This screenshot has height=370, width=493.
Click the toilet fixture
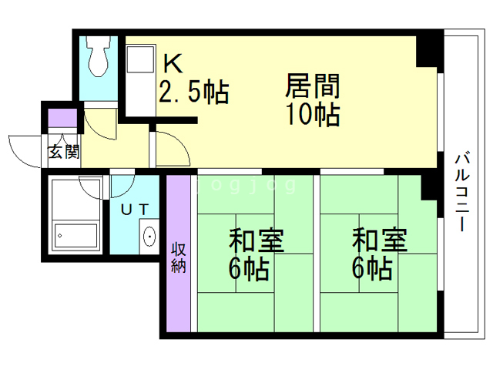point(99,55)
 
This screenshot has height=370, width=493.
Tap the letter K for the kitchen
point(173,63)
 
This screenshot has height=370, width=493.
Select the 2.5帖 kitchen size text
point(194,92)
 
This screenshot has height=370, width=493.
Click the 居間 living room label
point(313,86)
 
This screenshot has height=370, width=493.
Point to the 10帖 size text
point(314,115)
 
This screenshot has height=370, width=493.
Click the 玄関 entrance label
point(64,152)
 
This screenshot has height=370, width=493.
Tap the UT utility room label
point(136,210)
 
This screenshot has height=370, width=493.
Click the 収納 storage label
point(178,258)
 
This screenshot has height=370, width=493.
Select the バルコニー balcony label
point(462,191)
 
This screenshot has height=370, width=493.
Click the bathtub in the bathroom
point(75,236)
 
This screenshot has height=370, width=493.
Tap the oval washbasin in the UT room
point(149,237)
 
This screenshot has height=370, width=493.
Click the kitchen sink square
point(140,59)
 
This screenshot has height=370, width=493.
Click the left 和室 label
point(257,240)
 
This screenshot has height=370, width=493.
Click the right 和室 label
point(380,240)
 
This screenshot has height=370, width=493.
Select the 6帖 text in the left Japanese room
point(249,269)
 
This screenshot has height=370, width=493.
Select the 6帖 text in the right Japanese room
point(372,269)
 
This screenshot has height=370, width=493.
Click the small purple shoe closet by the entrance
point(62,118)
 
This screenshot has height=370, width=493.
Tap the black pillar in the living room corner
point(426,52)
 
